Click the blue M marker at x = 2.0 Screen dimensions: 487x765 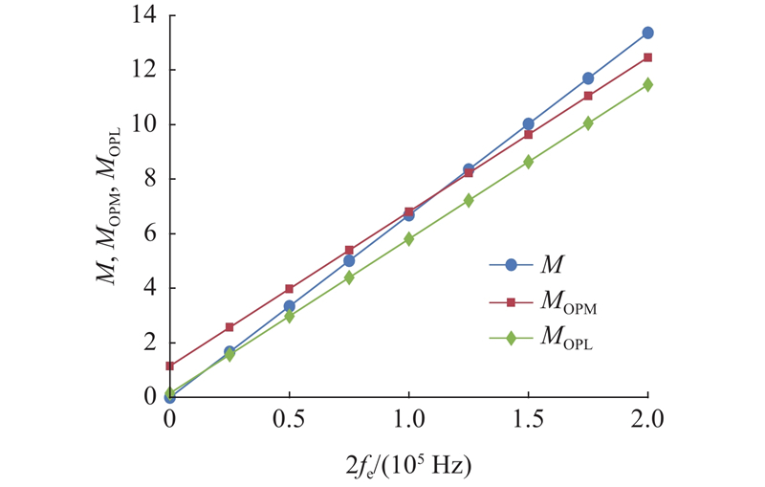(x=647, y=33)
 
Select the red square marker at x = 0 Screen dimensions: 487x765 (x=169, y=365)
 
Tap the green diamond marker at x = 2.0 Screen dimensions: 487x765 (x=647, y=84)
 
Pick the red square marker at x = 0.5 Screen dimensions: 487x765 (x=289, y=288)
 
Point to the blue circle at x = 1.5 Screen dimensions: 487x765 (x=528, y=123)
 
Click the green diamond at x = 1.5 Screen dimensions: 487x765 (x=528, y=162)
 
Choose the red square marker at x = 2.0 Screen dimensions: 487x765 (x=647, y=57)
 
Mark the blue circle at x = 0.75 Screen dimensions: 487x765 (x=349, y=260)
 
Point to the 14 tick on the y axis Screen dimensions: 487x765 (x=144, y=15)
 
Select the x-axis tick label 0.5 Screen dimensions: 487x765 (x=289, y=418)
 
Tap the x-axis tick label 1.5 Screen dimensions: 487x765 (x=528, y=418)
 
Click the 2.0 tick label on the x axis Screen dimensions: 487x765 (x=647, y=418)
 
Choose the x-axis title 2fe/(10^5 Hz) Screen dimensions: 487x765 (x=408, y=465)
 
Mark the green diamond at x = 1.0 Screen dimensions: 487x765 (x=408, y=238)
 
